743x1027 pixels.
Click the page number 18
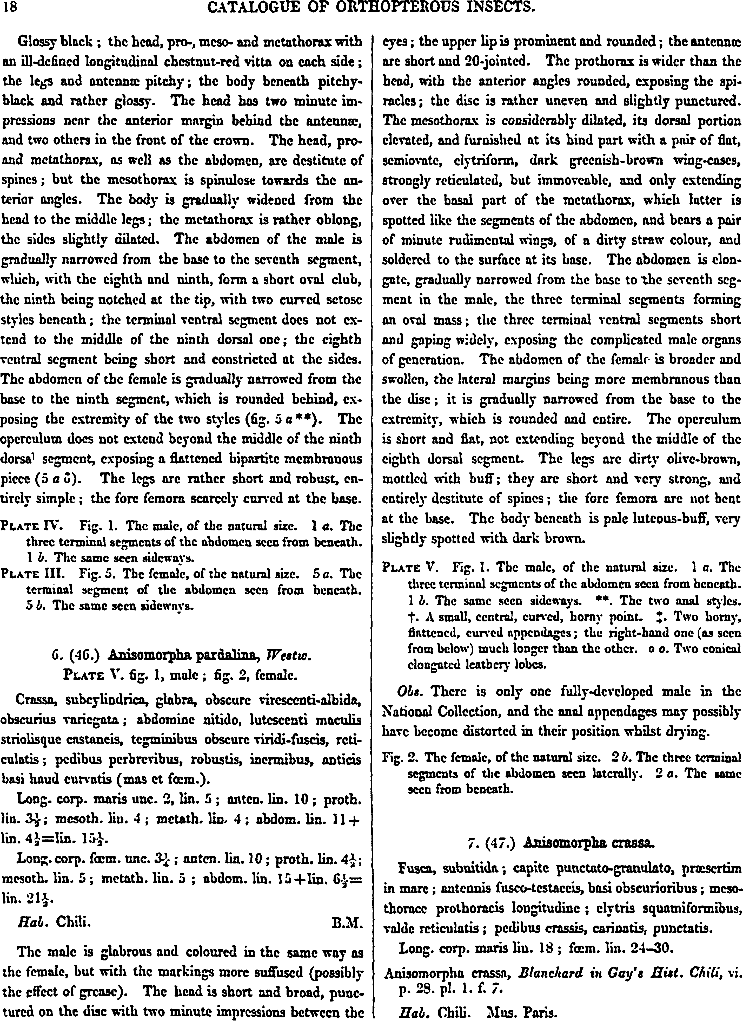point(10,8)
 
